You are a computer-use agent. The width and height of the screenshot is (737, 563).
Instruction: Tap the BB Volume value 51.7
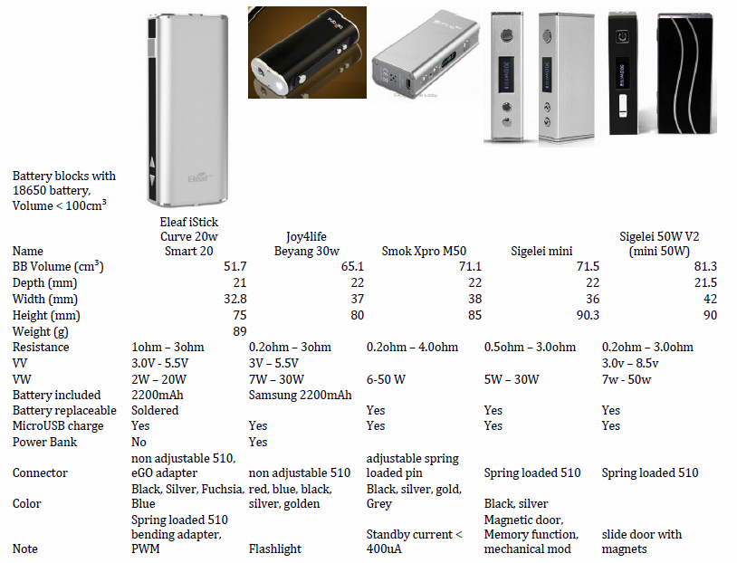coord(235,266)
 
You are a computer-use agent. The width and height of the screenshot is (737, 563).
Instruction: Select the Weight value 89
coord(240,331)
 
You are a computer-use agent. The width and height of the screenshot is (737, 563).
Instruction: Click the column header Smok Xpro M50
coord(424,251)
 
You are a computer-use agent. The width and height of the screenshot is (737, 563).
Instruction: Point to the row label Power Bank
coord(44,442)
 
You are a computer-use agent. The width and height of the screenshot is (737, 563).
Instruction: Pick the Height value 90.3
coord(588,315)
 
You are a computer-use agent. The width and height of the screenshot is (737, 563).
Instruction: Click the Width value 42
coord(710,299)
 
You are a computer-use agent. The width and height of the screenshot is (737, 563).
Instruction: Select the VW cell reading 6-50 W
coord(386,379)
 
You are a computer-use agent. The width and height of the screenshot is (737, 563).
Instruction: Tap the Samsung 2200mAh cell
coord(300,395)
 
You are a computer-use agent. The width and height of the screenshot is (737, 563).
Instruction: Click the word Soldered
coord(155,410)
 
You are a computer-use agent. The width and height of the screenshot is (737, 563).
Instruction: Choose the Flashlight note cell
coord(275,549)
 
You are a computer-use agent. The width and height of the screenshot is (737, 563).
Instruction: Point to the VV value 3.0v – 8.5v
coord(630,363)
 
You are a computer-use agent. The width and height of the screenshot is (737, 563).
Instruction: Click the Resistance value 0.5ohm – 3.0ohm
coord(530,348)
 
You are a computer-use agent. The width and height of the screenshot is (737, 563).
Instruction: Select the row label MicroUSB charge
coord(58,425)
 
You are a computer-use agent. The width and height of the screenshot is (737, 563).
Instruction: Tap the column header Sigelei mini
coord(541,251)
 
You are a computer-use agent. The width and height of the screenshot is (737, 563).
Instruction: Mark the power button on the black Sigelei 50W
coord(623,36)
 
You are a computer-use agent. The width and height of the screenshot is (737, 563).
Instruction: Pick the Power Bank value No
coord(139,442)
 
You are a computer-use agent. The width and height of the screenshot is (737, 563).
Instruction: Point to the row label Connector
coord(40,472)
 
